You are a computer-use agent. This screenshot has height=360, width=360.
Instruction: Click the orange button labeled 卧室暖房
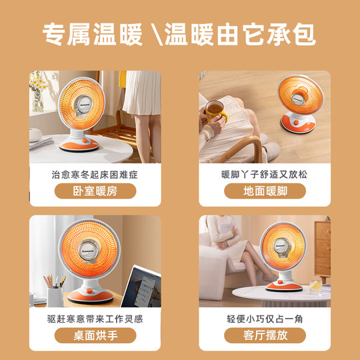95,191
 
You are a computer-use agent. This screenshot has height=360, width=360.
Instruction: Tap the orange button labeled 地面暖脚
265,191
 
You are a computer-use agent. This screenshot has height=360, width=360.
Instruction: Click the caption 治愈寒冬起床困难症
95,175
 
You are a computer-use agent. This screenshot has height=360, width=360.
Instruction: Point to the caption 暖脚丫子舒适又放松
265,175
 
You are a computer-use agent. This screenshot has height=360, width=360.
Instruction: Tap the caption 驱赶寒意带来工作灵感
95,319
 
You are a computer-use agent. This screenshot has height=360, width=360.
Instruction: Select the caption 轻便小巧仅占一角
265,319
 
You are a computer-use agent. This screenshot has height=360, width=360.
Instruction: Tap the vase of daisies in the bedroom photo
37,93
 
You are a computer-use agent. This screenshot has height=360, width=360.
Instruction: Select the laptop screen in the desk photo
141,287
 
